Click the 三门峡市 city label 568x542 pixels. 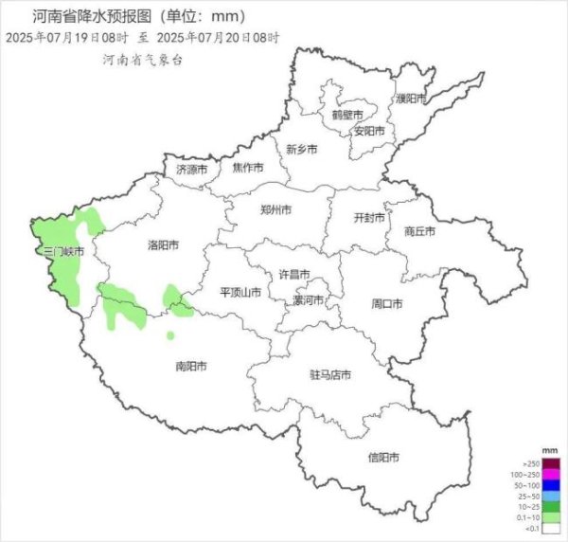point(64,253)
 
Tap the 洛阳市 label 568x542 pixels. point(163,245)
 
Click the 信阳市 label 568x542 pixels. point(382,458)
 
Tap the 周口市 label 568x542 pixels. point(386,304)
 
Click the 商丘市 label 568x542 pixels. point(418,231)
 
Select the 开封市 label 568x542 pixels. point(369,218)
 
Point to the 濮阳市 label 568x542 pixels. point(412,99)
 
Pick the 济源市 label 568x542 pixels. point(191,170)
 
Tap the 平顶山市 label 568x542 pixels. point(240,293)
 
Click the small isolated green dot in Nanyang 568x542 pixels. point(170,335)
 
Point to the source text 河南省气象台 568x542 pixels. point(142,59)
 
